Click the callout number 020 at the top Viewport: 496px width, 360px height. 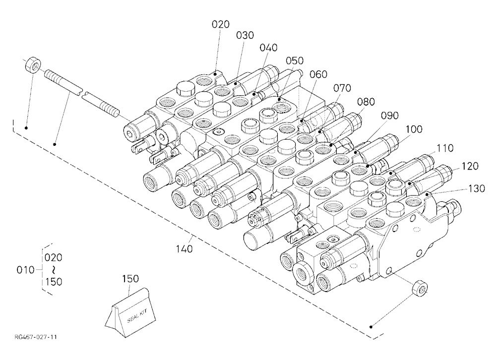click(221, 24)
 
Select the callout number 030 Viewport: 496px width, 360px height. click(245, 35)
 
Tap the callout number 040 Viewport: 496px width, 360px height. click(268, 48)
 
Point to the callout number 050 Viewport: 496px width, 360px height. click(295, 60)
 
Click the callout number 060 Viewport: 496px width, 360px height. click(318, 74)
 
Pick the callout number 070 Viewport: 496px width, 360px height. click(342, 88)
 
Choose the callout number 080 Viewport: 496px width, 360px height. click(366, 102)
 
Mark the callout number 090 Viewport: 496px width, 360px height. click(390, 116)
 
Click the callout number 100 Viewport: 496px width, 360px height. click(414, 129)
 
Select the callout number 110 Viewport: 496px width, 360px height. click(445, 148)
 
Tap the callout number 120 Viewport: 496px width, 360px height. click(470, 166)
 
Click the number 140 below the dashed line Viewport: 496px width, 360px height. click(184, 249)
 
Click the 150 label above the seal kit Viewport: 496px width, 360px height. click(130, 279)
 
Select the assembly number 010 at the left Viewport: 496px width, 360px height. click(25, 270)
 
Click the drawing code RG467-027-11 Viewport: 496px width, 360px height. click(35, 337)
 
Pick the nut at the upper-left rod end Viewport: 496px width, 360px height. click(32, 64)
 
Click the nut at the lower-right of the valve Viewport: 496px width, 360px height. click(420, 289)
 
